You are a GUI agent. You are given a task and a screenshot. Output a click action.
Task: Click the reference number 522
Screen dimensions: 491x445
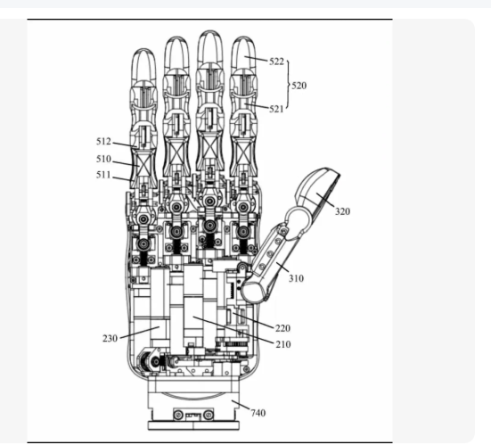point(276,62)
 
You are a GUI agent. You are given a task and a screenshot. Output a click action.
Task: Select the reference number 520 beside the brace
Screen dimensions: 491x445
point(299,86)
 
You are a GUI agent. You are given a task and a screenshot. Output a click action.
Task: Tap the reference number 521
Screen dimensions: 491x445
point(276,109)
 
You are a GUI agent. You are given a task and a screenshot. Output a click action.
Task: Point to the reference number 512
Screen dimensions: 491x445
point(103,141)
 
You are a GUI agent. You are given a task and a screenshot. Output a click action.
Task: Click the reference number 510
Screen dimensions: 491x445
point(103,159)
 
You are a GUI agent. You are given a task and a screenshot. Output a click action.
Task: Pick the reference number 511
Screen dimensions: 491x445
point(103,175)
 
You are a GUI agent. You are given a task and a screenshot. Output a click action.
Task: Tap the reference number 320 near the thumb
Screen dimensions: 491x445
point(342,211)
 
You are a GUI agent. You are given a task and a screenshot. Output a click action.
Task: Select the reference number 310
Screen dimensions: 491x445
point(296,278)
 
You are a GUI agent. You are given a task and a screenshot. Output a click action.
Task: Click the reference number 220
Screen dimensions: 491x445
point(282,328)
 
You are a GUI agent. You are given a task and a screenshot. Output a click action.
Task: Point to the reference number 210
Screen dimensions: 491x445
point(283,344)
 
